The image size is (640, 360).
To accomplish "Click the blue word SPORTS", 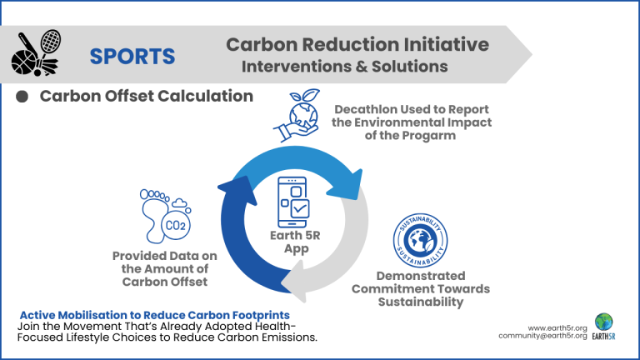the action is (x=132, y=57).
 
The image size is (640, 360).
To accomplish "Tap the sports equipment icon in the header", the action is (x=37, y=52).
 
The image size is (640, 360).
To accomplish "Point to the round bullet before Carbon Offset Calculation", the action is (x=22, y=97).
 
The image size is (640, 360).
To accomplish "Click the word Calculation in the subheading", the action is (x=205, y=96).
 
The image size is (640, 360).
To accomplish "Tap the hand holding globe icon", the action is (x=297, y=116).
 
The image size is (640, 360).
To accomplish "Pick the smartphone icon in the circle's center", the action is (x=293, y=202).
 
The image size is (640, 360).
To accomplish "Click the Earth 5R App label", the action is (x=296, y=242).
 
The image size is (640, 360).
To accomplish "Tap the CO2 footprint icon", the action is (x=165, y=216).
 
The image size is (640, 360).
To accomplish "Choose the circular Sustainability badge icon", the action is (x=420, y=240).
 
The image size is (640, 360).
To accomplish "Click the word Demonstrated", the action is (x=421, y=276).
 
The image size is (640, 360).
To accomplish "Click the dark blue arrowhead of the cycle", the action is (x=238, y=191).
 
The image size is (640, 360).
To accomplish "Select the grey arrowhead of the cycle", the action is (x=294, y=281).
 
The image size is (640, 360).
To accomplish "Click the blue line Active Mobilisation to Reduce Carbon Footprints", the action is (x=155, y=315).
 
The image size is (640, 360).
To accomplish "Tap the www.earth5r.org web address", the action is (x=557, y=328).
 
